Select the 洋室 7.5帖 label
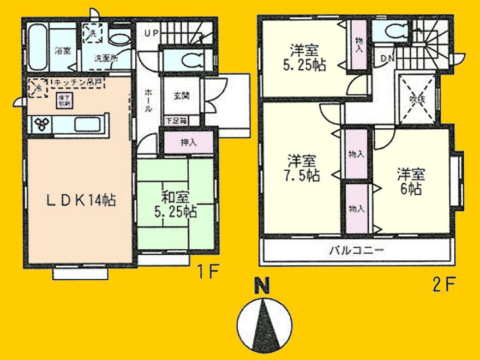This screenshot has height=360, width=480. coord(302,169)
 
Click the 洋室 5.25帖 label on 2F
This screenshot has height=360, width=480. coord(304,58)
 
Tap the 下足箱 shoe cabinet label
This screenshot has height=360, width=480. coord(176,120)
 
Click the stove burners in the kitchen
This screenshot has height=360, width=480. coord(42,125)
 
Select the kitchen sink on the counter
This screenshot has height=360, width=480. coord(87,123)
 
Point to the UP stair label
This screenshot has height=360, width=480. coord(151,34)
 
